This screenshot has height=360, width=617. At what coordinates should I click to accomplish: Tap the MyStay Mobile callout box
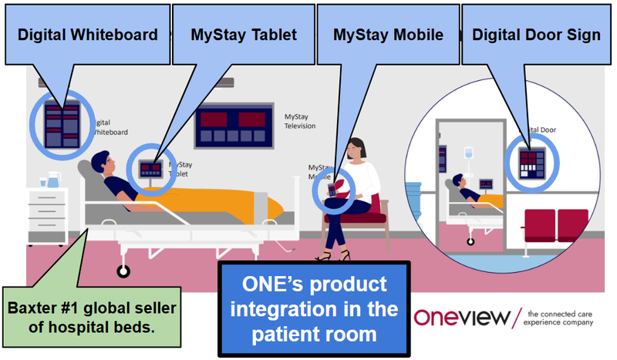point(387,35)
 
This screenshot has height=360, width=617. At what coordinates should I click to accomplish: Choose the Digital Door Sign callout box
point(536,35)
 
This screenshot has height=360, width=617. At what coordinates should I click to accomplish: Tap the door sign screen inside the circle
point(531,161)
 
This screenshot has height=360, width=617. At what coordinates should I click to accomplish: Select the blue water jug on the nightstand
point(52,180)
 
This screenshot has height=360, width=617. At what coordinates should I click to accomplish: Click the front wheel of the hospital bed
point(122,271)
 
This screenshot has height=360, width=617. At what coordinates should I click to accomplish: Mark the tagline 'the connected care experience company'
point(560,318)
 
